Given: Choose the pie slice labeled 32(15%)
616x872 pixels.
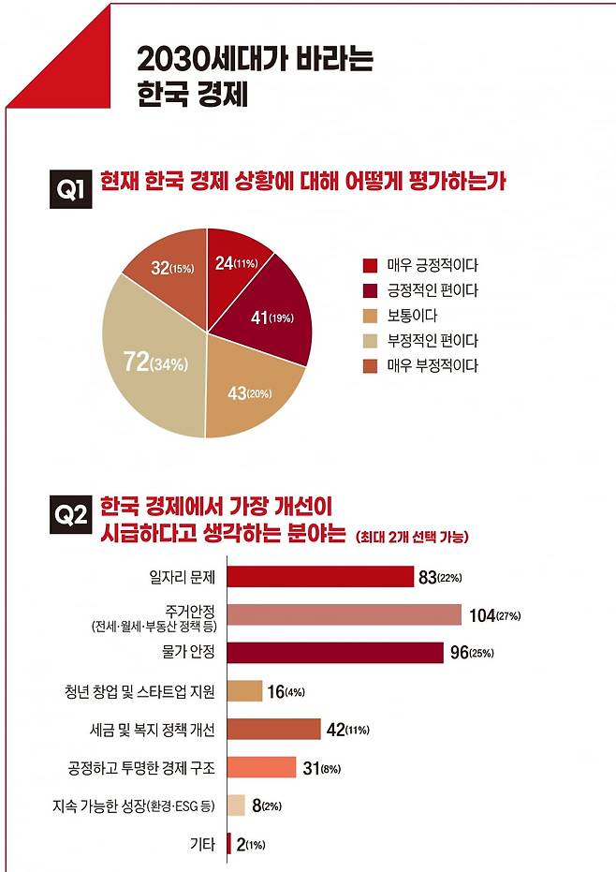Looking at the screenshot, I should (169, 269).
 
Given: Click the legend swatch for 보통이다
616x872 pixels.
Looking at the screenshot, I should (370, 316).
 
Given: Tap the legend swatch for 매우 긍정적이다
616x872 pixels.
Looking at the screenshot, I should (370, 265).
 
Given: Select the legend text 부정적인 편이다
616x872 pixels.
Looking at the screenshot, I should (433, 341).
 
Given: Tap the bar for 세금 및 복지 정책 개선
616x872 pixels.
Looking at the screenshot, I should (274, 729).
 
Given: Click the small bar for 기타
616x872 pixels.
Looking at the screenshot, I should (229, 844).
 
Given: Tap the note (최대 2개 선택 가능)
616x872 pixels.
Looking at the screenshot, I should (412, 537).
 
